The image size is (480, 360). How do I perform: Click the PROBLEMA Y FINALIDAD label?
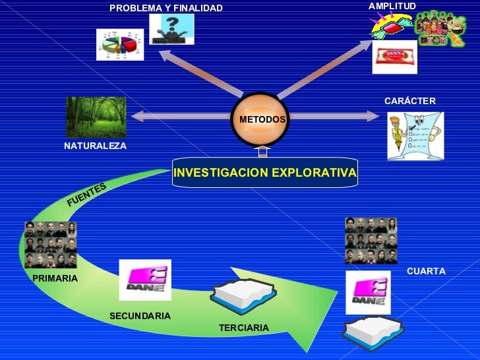click(166, 8)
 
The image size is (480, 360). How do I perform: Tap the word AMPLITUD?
click(392, 6)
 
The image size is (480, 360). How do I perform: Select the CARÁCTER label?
click(410, 101)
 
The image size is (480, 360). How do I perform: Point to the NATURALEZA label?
click(95, 145)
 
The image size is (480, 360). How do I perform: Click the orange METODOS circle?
click(262, 119)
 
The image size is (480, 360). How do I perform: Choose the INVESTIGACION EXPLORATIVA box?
click(264, 173)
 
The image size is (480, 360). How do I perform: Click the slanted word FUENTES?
click(86, 195)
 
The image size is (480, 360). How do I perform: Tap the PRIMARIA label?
click(55, 278)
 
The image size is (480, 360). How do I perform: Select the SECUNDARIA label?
click(140, 316)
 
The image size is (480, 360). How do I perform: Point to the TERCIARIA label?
click(244, 328)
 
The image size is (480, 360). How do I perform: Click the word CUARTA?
click(426, 271)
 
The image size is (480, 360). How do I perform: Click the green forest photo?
click(96, 117)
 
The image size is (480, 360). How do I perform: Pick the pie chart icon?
click(119, 45)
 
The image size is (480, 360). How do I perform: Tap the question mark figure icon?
click(171, 30)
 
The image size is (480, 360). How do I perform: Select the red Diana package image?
click(394, 57)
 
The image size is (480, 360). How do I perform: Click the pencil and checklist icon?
click(415, 136)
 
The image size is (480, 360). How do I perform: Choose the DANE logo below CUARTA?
click(369, 293)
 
